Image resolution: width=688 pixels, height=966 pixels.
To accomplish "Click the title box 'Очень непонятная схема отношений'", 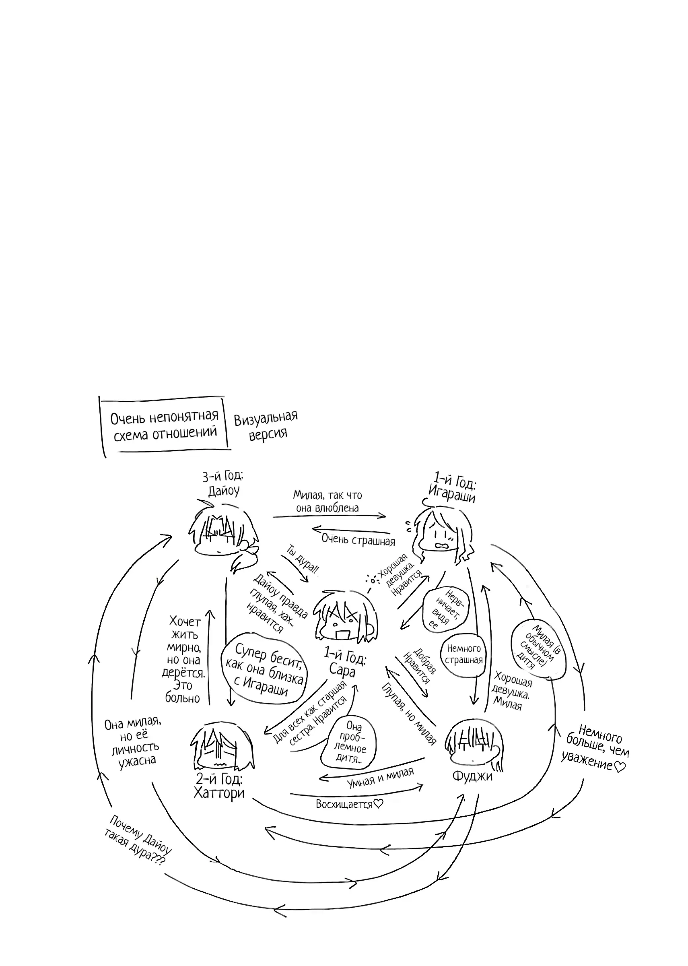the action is click(x=165, y=425).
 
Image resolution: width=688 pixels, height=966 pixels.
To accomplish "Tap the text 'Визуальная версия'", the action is click(x=266, y=425).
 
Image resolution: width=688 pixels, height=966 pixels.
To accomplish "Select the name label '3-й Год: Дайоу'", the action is click(x=223, y=483).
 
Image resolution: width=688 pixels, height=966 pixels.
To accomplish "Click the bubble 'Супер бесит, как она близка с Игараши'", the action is click(x=264, y=670).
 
